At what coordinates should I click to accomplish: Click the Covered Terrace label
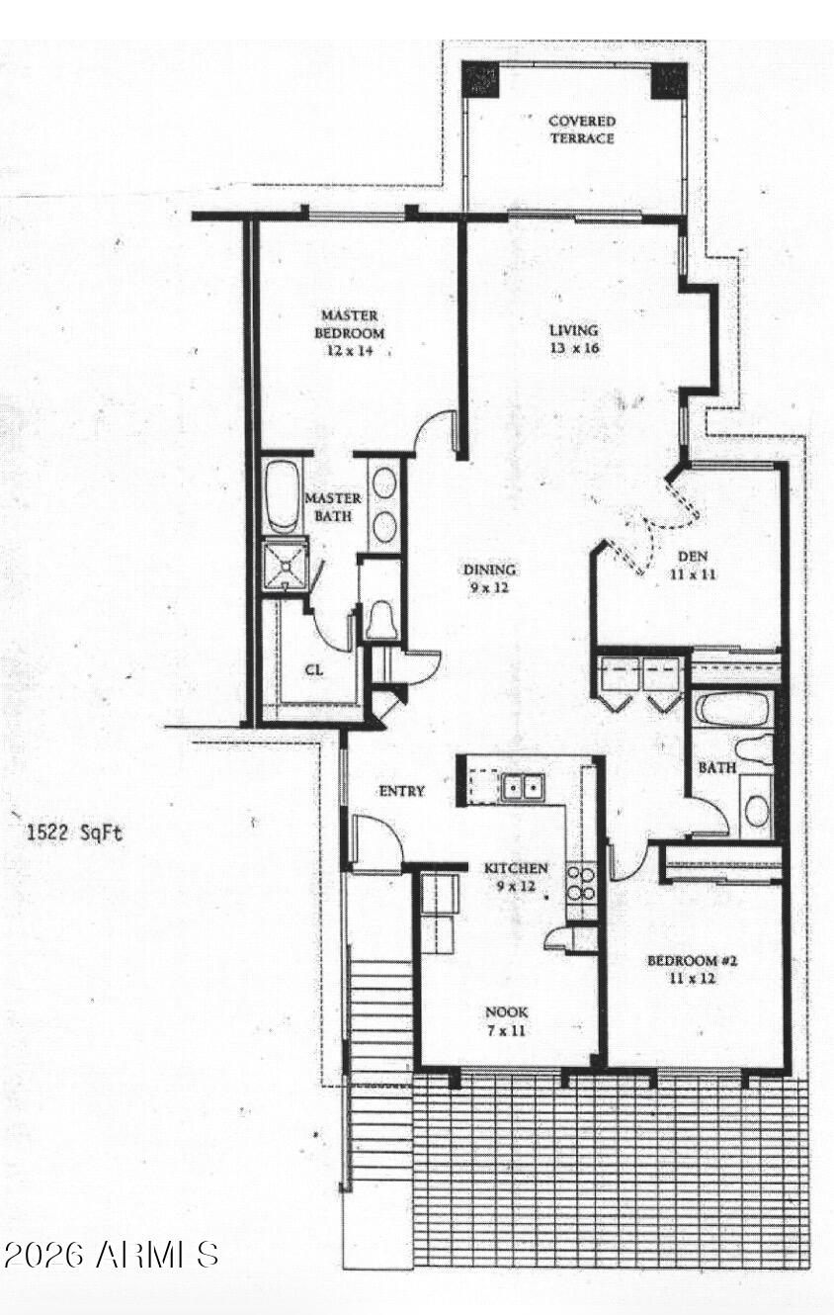[582, 130]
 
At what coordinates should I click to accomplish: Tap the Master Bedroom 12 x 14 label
[350, 333]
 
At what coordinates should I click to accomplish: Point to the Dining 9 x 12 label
[489, 578]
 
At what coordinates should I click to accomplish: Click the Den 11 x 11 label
[693, 565]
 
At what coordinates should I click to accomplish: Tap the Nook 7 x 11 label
[506, 1021]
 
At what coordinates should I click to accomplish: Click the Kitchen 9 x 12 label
[515, 876]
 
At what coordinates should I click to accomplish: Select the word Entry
[401, 791]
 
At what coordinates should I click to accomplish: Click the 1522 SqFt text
[75, 833]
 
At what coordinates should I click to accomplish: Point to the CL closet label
[314, 669]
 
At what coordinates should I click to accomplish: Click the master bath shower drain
[286, 566]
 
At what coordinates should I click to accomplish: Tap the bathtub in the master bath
[282, 496]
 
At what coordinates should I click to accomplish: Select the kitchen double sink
[523, 786]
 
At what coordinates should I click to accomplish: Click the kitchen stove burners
[581, 884]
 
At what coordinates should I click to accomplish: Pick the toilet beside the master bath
[382, 620]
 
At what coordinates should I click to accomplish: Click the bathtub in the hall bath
[732, 710]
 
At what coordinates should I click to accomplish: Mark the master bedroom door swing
[436, 431]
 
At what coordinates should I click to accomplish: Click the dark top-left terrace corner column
[480, 79]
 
